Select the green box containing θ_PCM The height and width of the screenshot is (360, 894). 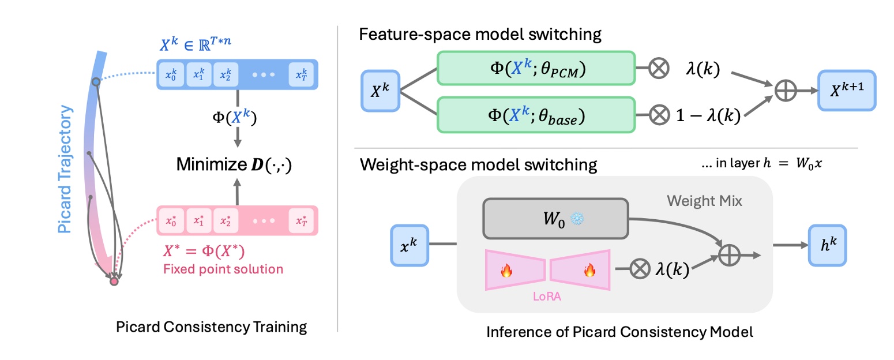(536, 69)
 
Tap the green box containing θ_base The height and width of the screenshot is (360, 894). (536, 118)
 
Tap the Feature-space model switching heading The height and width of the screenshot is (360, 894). (480, 35)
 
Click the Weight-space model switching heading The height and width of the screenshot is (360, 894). (478, 165)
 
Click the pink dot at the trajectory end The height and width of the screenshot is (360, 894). (114, 282)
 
